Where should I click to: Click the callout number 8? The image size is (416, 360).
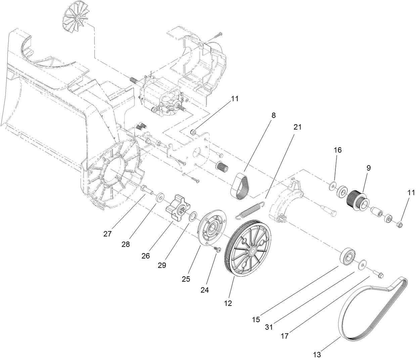tap(273, 116)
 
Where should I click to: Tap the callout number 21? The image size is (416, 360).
tap(297, 127)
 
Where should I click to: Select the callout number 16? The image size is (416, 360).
tap(338, 150)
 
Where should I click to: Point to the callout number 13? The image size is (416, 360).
tap(317, 354)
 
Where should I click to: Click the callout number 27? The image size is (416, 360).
tap(107, 234)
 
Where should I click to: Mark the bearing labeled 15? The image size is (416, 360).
tap(346, 257)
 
